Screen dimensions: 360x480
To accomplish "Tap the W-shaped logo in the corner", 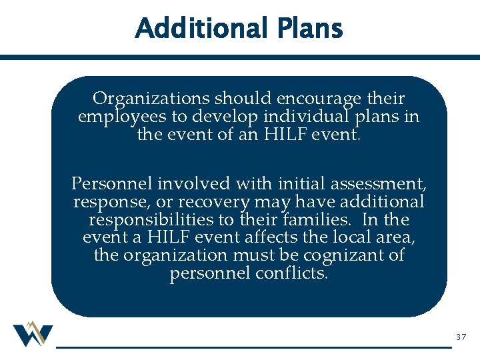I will pos(32,334).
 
